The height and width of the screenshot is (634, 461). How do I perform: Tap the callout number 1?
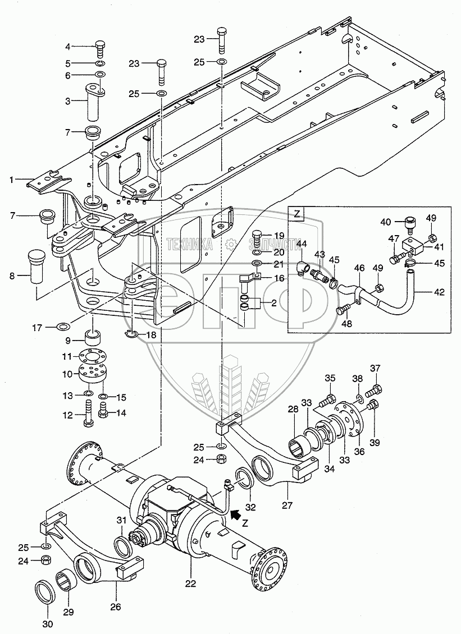point(10,180)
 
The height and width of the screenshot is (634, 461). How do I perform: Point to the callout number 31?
point(122,521)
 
